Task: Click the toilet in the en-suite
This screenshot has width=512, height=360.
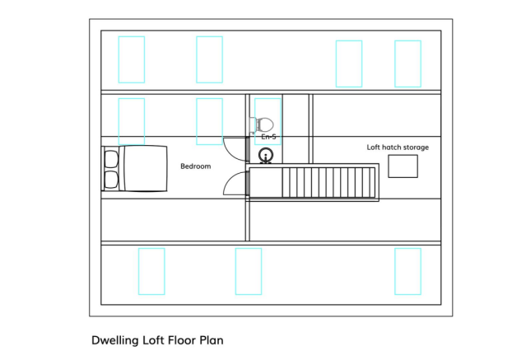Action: click(x=262, y=125)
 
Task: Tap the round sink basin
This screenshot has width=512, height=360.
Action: click(x=266, y=155)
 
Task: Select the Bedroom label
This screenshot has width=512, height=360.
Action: click(x=196, y=166)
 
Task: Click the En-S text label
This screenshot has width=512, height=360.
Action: click(x=268, y=137)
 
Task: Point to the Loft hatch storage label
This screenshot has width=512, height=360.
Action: click(x=398, y=147)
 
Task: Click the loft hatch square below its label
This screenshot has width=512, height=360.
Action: click(x=403, y=166)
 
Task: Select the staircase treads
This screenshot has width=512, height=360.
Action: click(x=328, y=182)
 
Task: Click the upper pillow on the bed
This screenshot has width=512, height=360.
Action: click(x=111, y=159)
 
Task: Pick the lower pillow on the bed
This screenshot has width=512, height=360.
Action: click(x=111, y=180)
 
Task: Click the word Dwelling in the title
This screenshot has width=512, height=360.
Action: click(x=115, y=340)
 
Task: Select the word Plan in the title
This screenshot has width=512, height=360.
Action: click(x=212, y=340)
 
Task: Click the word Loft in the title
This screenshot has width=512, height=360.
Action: click(x=153, y=340)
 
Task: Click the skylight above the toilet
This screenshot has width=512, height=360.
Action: click(x=268, y=121)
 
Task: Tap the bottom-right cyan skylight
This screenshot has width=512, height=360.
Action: click(x=407, y=271)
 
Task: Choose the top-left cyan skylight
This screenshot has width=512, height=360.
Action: click(x=131, y=59)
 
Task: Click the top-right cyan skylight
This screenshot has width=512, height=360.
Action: click(x=407, y=63)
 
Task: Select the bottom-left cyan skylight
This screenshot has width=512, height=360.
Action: click(x=151, y=271)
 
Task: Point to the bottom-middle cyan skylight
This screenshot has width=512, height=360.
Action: click(x=249, y=271)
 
